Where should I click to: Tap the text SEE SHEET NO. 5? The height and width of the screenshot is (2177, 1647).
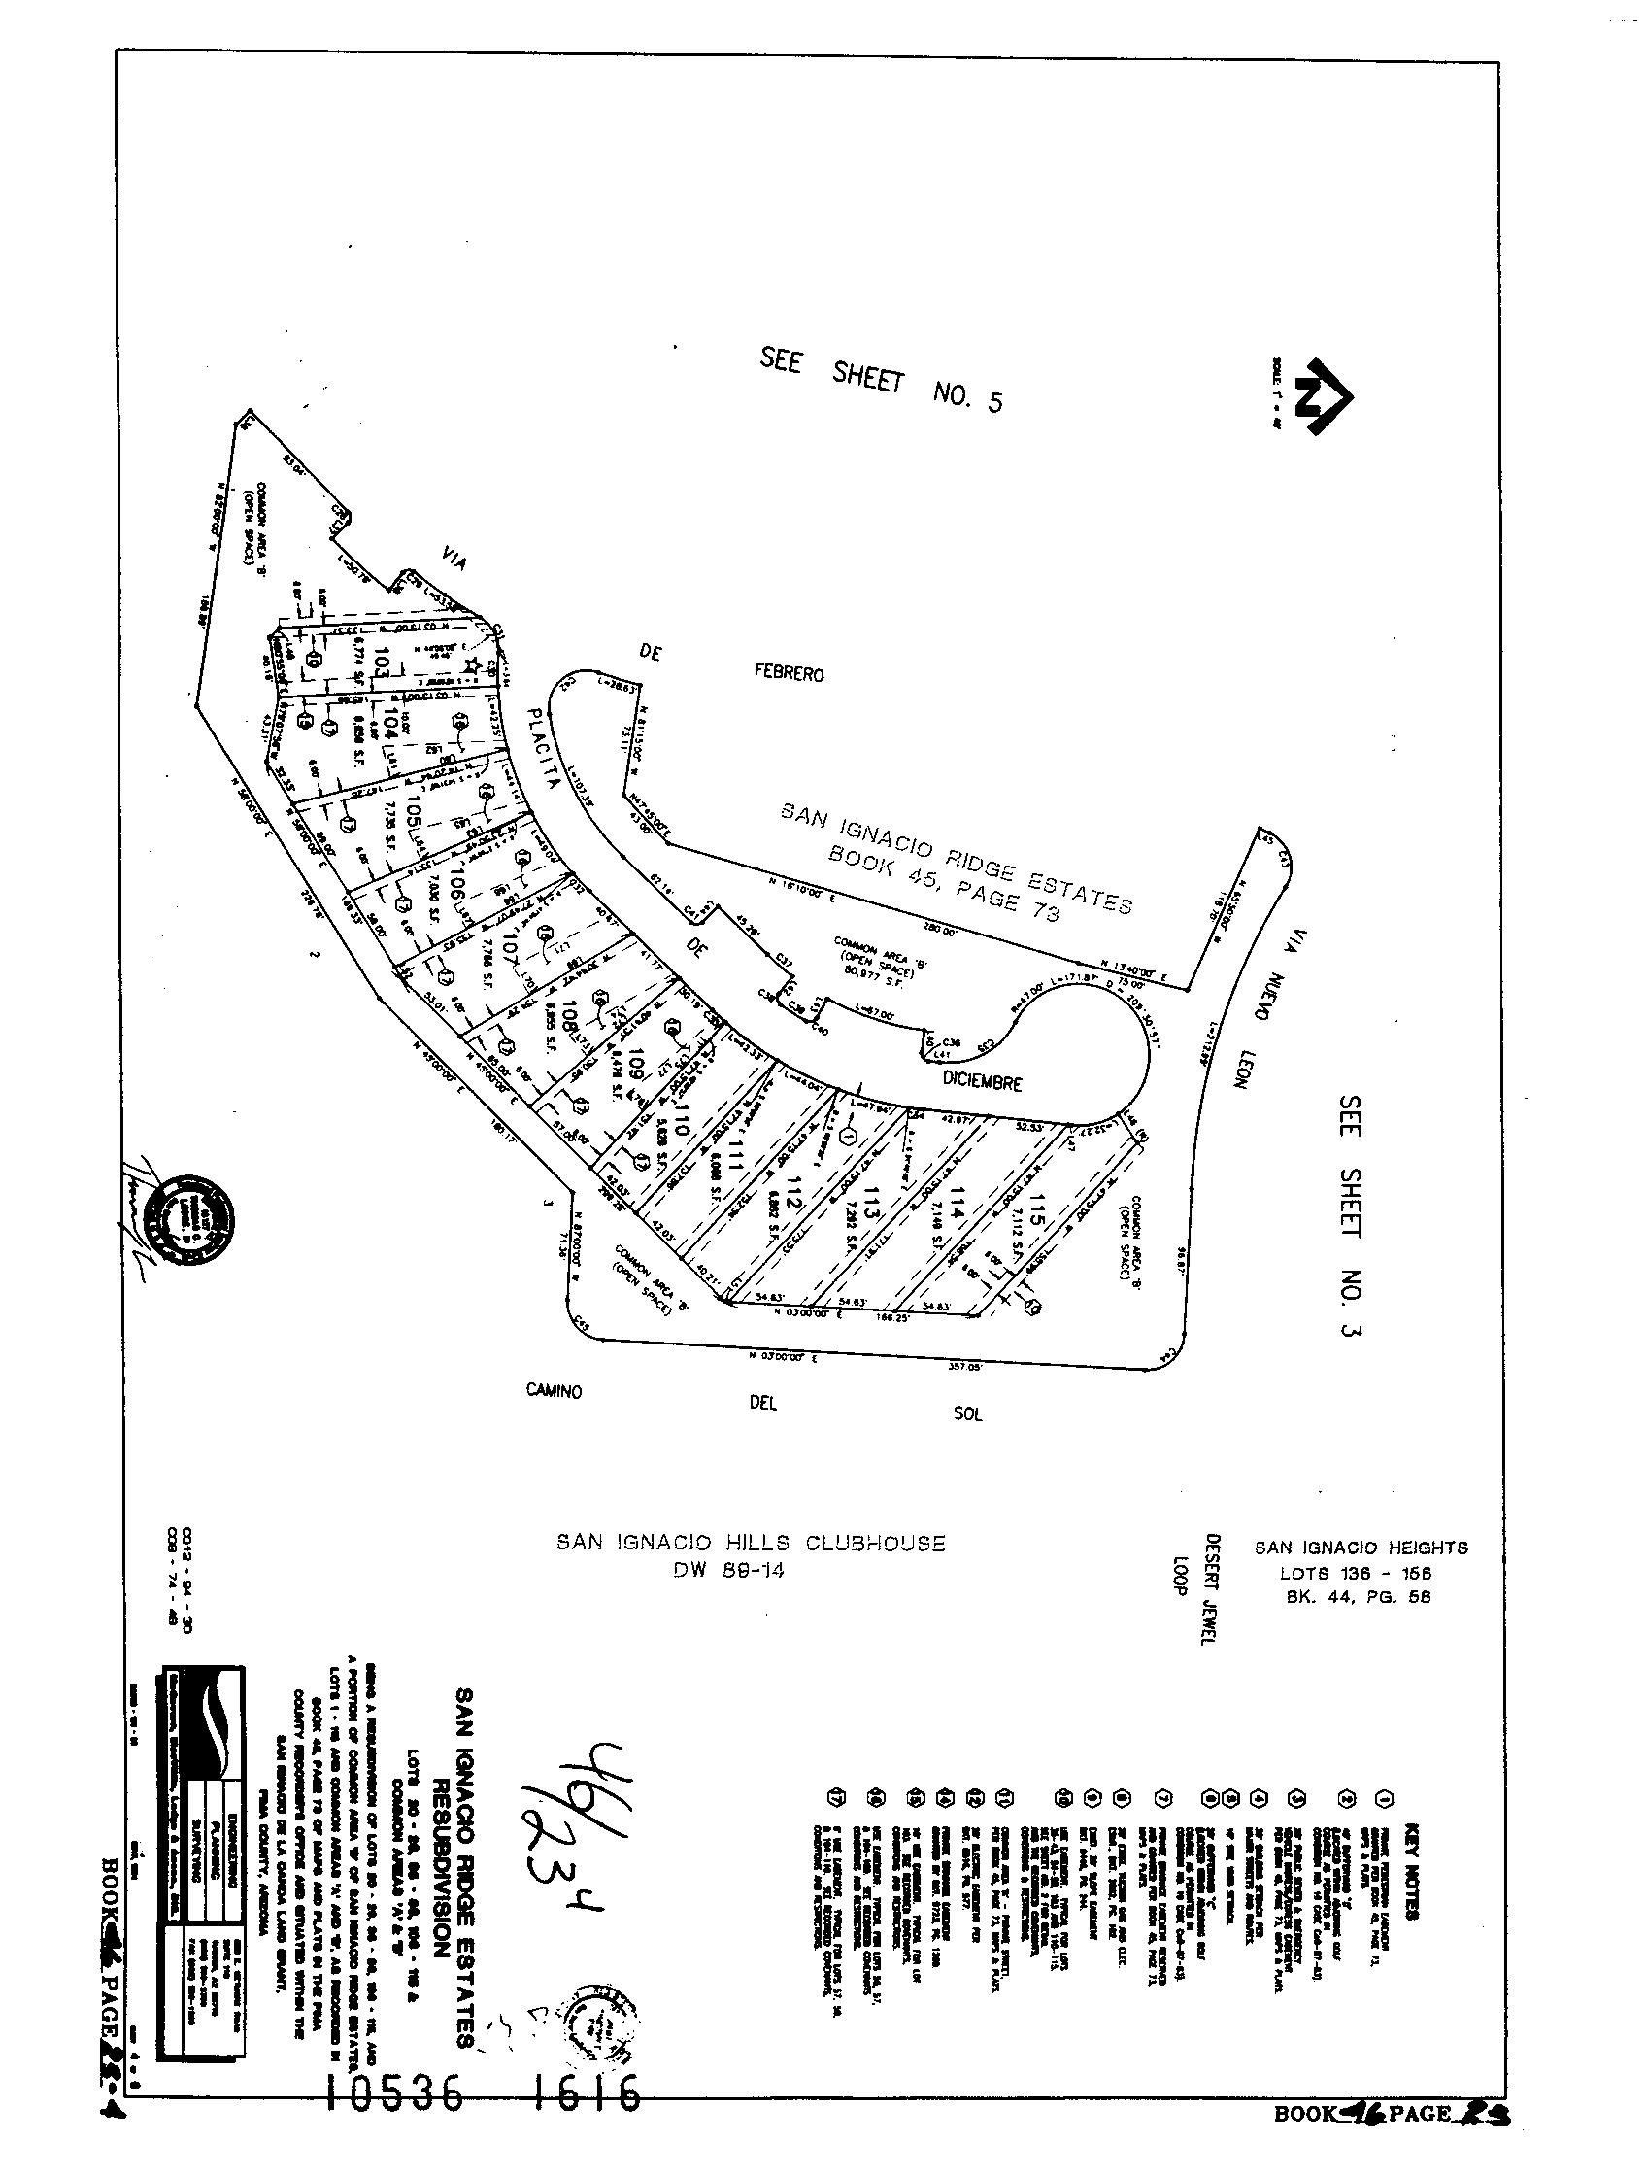(x=882, y=380)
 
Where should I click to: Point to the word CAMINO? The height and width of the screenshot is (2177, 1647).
(x=553, y=1391)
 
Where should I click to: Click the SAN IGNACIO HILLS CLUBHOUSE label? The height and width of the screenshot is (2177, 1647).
(x=751, y=1543)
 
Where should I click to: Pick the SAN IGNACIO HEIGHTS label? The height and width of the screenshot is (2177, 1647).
(x=1361, y=1548)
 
